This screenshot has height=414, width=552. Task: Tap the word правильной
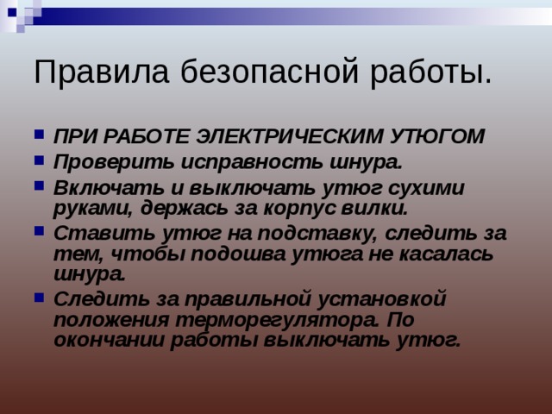pyautogui.click(x=238, y=299)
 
